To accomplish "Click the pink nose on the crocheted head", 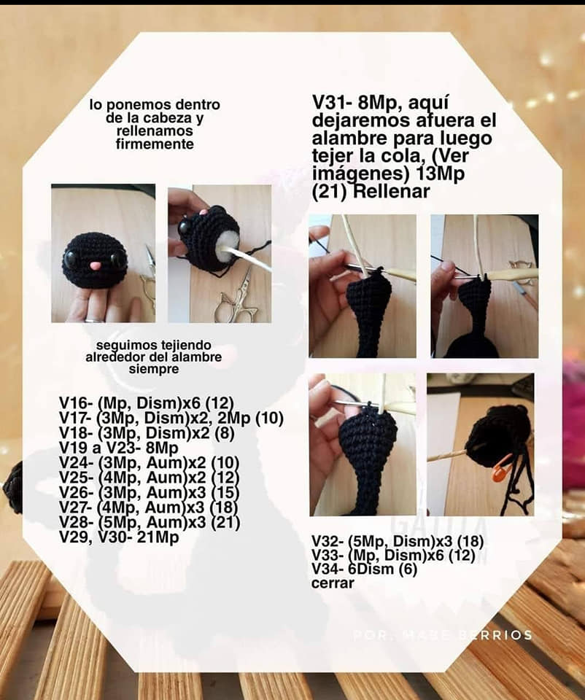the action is (x=95, y=266).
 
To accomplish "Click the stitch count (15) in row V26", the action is (x=225, y=492).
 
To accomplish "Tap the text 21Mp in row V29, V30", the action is (x=158, y=537).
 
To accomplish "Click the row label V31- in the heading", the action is (x=332, y=103).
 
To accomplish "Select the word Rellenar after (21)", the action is (x=391, y=192).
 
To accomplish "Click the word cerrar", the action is (x=333, y=583).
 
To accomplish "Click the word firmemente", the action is (x=155, y=144).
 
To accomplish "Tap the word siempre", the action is (x=154, y=369).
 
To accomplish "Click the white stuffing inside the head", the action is (x=228, y=245).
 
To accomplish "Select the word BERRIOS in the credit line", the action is (x=495, y=635).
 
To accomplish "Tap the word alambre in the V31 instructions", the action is (x=349, y=139).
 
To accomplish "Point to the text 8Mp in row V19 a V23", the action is (x=162, y=448).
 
